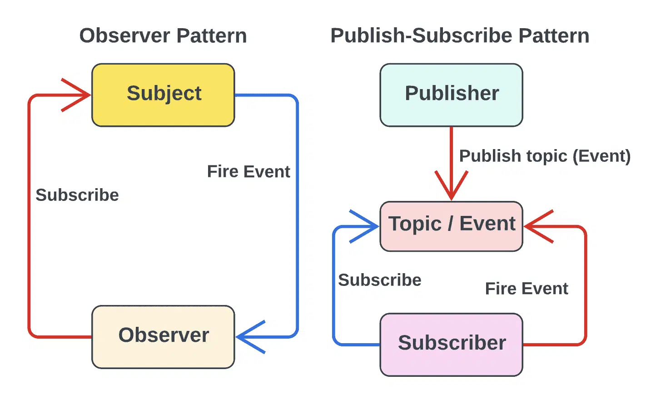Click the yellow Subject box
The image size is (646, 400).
pos(163,95)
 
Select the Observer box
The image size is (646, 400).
pos(163,337)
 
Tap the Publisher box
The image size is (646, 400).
pos(451,95)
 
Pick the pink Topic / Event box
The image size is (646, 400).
pos(451,226)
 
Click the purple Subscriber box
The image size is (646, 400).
pos(451,345)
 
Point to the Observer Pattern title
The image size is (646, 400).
pos(163,35)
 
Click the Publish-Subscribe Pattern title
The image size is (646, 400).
pos(460,35)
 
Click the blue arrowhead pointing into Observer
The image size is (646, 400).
pos(250,337)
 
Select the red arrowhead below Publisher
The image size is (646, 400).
pos(451,185)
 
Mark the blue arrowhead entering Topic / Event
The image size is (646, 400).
pos(364,226)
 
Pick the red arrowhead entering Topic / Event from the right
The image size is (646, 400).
pos(539,226)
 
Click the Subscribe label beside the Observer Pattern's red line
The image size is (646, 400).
pos(77,195)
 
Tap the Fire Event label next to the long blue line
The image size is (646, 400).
pos(248,171)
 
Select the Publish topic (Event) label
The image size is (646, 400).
pos(545,156)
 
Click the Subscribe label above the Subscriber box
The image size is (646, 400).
pos(380,280)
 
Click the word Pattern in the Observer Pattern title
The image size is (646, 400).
pos(212,35)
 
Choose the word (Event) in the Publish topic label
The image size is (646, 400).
pos(602,156)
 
